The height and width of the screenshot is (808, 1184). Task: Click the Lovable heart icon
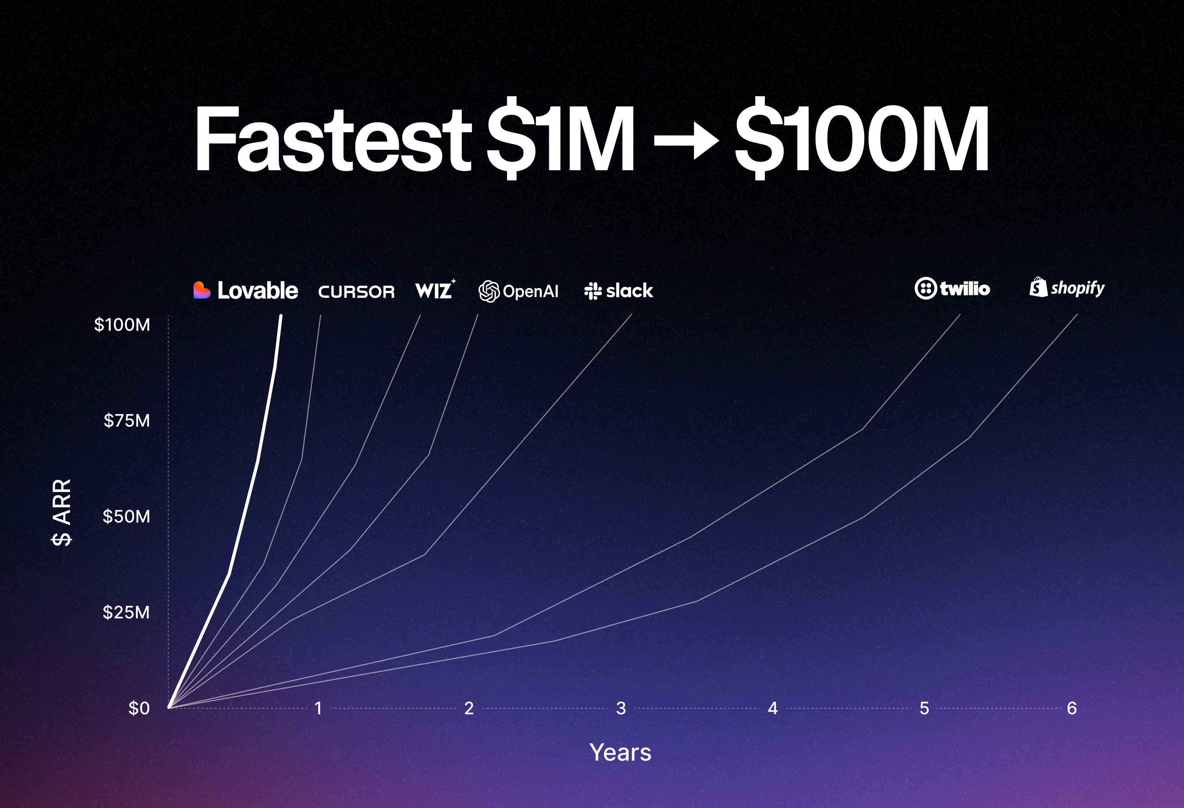[x=202, y=290]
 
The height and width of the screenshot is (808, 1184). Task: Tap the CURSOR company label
[x=356, y=292]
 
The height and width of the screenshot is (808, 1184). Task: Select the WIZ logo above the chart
[x=434, y=290]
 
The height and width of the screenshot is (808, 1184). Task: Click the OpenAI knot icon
[x=489, y=292]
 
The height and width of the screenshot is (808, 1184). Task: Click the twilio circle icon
[x=925, y=288]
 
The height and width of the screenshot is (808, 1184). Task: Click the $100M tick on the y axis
[x=122, y=325]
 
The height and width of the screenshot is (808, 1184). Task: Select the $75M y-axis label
[x=127, y=421]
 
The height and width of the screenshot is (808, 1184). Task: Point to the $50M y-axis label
[x=127, y=516]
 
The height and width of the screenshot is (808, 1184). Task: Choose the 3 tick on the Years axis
[x=621, y=708]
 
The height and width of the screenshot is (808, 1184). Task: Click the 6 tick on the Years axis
[x=1072, y=708]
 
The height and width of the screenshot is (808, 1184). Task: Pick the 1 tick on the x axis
[x=318, y=708]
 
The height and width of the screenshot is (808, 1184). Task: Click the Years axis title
[x=620, y=752]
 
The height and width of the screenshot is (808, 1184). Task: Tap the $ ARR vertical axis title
[x=62, y=512]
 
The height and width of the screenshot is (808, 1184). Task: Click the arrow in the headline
[x=686, y=139]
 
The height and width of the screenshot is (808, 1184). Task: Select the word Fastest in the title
[x=333, y=139]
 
